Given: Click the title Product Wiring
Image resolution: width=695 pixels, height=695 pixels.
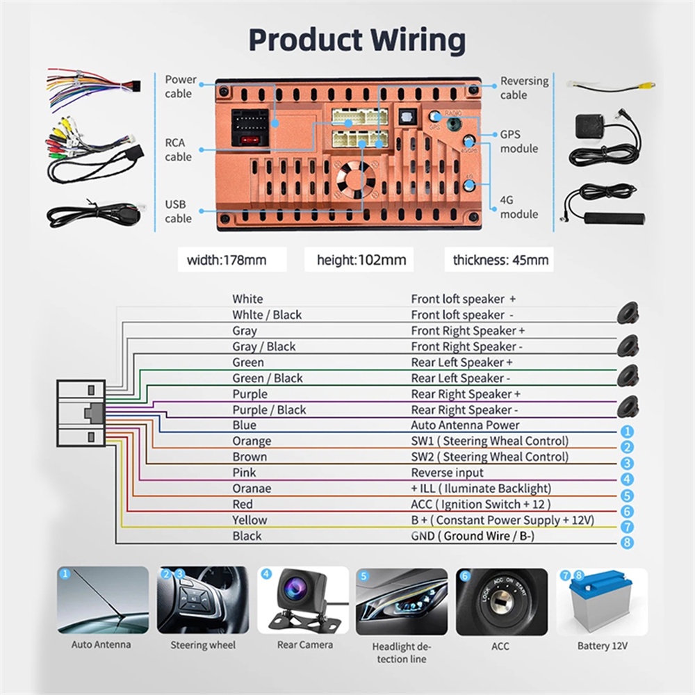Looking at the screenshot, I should click(x=357, y=40).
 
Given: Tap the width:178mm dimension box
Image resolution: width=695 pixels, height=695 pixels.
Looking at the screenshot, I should click(x=227, y=261).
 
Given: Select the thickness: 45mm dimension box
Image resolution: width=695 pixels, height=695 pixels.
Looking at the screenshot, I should click(x=500, y=261).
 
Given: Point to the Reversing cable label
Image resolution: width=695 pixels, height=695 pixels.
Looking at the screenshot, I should click(x=524, y=88).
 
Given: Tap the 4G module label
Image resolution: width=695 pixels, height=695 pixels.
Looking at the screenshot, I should click(x=518, y=207).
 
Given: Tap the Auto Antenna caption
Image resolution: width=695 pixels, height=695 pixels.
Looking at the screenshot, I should click(x=101, y=644).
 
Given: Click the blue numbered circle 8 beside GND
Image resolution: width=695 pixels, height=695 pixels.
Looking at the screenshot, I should click(x=627, y=542).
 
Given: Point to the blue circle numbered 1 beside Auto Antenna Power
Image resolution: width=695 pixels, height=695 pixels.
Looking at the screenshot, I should click(x=627, y=432).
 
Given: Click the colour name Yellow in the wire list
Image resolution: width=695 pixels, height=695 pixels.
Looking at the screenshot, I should click(x=250, y=520).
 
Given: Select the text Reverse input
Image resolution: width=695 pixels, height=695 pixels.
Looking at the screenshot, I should click(x=448, y=473).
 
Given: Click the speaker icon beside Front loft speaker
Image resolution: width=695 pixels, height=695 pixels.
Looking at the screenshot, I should click(x=628, y=313).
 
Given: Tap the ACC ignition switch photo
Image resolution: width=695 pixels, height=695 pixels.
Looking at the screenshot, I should click(x=501, y=601).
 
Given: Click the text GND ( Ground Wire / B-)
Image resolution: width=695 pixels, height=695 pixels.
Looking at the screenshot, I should click(x=472, y=536).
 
